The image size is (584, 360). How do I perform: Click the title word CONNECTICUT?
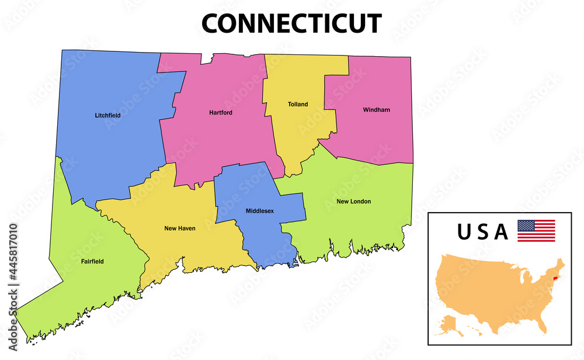(x=291, y=24)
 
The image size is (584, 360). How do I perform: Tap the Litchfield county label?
(x=107, y=115)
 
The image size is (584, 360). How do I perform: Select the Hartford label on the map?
(x=221, y=112)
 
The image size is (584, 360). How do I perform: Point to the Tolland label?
(x=298, y=105)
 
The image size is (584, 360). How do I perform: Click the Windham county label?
(x=376, y=110)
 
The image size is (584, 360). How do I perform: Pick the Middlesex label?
(x=260, y=210)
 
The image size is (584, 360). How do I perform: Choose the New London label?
(x=353, y=202)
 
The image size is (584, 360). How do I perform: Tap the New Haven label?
(x=180, y=229)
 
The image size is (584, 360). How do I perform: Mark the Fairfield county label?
(x=92, y=261)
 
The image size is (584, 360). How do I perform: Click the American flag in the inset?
(x=536, y=231)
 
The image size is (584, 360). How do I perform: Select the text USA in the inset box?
(x=482, y=232)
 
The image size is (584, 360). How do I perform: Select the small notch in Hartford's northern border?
(x=207, y=58)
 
